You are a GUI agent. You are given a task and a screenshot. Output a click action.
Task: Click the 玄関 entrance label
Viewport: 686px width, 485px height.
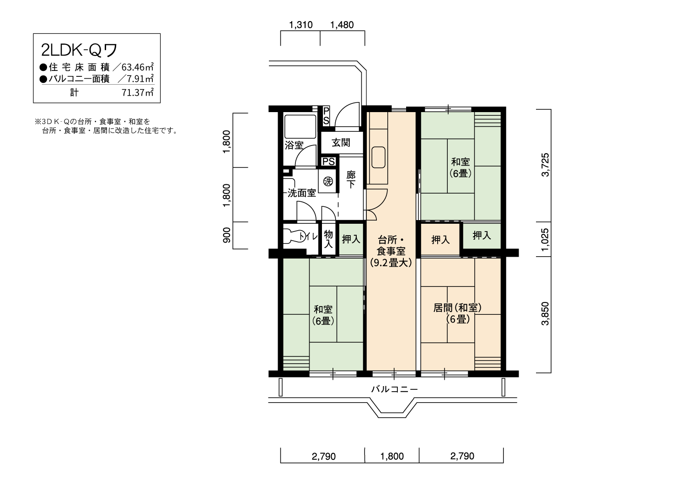341,142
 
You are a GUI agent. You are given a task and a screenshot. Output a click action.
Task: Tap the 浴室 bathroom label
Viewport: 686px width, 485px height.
294,145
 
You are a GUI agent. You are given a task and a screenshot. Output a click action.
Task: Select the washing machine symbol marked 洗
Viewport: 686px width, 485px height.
328,181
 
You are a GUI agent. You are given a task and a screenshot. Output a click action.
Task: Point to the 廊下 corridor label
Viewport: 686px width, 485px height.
351,179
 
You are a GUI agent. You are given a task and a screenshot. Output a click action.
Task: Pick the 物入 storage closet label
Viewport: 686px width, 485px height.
328,239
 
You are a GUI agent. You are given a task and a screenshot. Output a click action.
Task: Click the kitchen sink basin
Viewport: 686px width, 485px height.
379,157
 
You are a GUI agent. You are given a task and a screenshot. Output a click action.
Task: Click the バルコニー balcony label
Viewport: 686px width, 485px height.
394,389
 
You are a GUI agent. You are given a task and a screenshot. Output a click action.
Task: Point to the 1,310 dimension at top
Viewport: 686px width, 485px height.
301,25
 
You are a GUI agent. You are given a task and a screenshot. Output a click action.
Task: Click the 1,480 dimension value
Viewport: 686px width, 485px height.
342,25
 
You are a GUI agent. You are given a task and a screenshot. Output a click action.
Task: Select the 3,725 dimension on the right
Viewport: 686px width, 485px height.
546,165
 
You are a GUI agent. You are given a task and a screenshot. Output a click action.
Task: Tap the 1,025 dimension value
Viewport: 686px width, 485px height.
546,240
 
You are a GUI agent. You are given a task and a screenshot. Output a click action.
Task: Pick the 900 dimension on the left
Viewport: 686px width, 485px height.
227,235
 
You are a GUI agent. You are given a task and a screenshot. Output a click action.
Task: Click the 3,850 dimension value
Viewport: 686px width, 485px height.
546,313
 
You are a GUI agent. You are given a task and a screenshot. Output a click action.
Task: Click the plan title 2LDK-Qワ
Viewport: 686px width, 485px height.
79,50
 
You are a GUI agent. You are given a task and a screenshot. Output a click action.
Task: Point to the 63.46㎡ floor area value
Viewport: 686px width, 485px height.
138,67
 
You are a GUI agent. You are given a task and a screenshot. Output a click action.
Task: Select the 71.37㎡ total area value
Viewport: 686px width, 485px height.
138,92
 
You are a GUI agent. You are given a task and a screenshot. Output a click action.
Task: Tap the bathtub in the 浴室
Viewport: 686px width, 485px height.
300,127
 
